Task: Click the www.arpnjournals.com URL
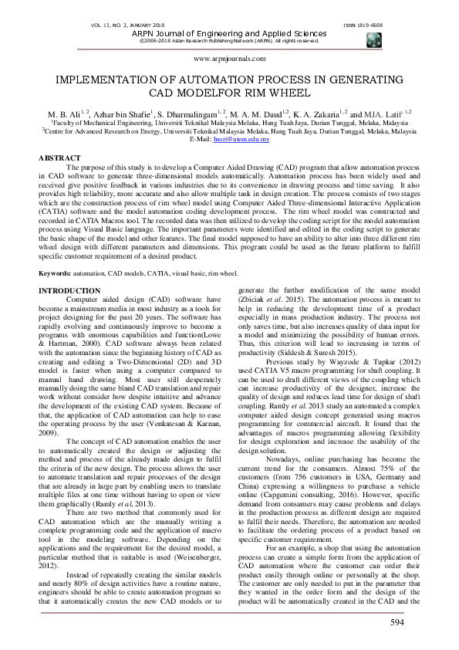pos(229,59)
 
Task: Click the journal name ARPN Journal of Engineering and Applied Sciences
pos(229,33)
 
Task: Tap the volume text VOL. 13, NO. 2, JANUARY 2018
pos(113,25)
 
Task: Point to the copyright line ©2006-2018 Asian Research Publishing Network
pos(229,41)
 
